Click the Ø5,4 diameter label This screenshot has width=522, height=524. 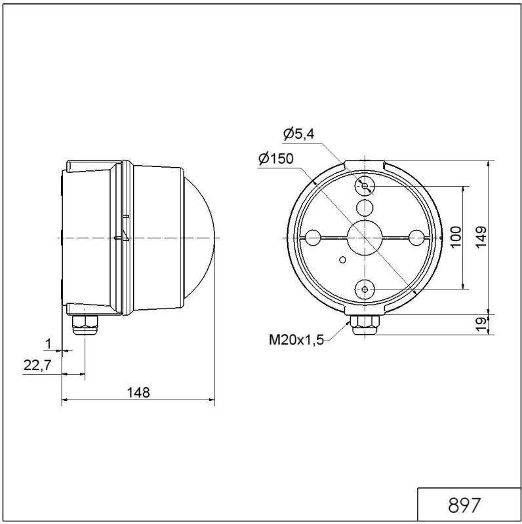click(x=299, y=134)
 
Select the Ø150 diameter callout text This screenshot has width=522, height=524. click(x=275, y=159)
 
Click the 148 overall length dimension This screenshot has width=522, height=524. click(x=138, y=392)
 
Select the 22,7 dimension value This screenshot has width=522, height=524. click(x=37, y=365)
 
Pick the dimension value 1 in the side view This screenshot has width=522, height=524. click(x=48, y=343)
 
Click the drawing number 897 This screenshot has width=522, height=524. click(x=465, y=506)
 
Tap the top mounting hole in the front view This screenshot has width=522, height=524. click(x=365, y=187)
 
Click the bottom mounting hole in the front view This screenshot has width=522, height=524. click(x=365, y=288)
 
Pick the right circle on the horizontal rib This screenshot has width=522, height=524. click(x=415, y=236)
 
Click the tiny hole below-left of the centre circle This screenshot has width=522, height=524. click(x=342, y=260)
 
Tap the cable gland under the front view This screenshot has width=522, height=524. click(x=365, y=324)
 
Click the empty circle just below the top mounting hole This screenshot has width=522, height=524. click(x=365, y=208)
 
